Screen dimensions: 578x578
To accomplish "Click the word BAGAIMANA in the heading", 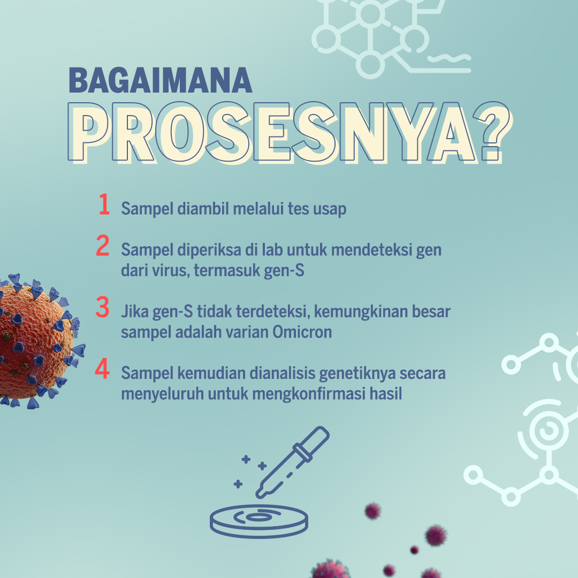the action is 161,80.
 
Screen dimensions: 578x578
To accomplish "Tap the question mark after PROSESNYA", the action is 493,133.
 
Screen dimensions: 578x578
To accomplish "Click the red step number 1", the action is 104,204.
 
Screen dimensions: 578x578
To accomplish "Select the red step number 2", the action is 102,245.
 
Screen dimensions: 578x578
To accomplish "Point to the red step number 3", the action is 102,307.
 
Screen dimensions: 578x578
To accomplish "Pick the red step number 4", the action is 102,368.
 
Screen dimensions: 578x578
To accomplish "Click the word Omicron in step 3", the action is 302,332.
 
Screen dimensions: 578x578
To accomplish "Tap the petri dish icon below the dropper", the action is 259,521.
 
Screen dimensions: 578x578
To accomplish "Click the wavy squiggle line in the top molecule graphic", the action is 450,58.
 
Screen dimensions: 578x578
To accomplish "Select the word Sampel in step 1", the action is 147,209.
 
